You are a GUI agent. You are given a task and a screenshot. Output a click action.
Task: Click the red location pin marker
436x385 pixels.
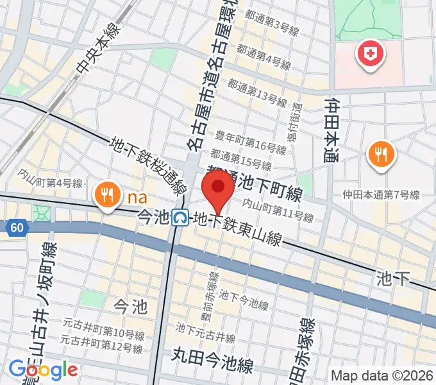coord(218,190)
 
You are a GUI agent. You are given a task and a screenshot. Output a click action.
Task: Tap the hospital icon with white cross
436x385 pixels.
coord(370,55)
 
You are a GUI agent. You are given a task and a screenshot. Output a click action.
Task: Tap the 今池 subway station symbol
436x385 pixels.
coord(181,218)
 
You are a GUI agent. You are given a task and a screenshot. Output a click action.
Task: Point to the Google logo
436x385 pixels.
coord(43,370)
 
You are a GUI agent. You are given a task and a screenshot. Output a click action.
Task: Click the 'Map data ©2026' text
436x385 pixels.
coord(383,375)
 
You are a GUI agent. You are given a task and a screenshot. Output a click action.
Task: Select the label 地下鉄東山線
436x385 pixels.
coord(238,230)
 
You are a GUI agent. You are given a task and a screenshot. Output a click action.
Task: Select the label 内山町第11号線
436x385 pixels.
coord(278,211)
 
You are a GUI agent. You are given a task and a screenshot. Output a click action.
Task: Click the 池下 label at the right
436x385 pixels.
coord(393,278)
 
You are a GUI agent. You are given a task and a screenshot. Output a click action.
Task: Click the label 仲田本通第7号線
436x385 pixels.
coord(380,194)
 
